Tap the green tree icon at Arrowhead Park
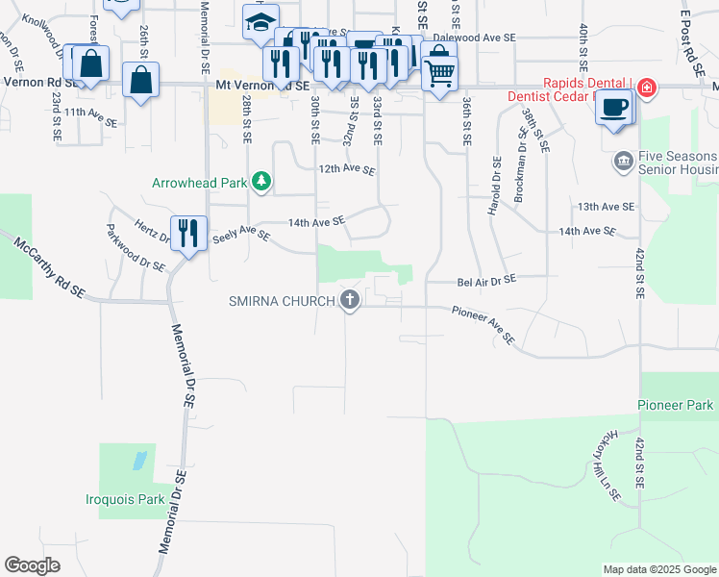click(260, 182)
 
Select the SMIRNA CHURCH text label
click(282, 301)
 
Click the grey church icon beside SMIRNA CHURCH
click(349, 301)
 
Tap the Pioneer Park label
click(676, 406)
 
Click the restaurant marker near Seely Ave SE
click(188, 233)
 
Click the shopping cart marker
click(440, 72)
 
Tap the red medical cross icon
click(647, 88)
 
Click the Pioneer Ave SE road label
click(484, 326)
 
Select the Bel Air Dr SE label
click(486, 279)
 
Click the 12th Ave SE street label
click(347, 169)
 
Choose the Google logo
click(33, 565)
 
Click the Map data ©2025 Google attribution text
click(658, 569)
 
